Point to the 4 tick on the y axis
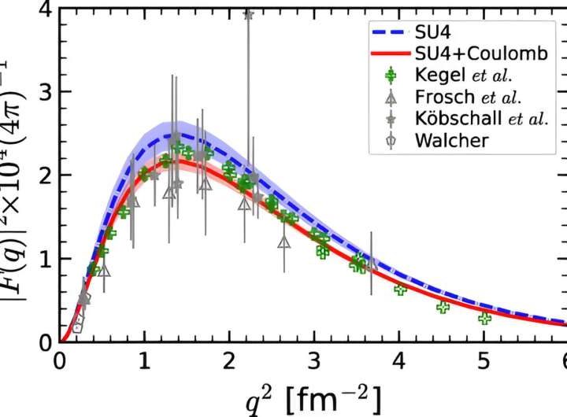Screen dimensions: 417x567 coord(47,9)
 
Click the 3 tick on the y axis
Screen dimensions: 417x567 coord(47,92)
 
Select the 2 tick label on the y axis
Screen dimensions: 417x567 coord(47,175)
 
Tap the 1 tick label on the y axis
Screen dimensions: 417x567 coord(47,259)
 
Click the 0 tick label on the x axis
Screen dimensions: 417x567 coord(60,360)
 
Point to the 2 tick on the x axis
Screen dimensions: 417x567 coord(229,360)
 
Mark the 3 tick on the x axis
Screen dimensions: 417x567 coord(314,360)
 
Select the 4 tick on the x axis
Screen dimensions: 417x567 coord(398,360)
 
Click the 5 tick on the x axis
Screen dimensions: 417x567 coord(483,360)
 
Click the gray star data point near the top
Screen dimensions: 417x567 coord(248,14)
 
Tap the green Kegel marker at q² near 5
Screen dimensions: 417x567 coord(484,318)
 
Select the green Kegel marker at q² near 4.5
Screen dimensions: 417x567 coord(443,307)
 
